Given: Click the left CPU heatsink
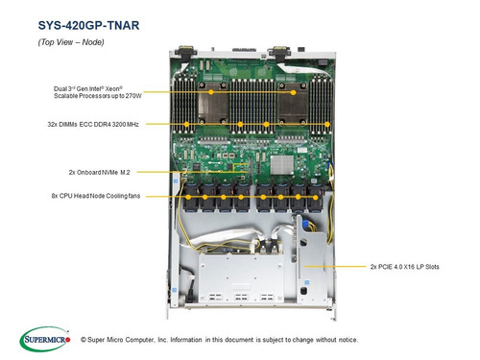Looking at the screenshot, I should [x=219, y=95].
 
